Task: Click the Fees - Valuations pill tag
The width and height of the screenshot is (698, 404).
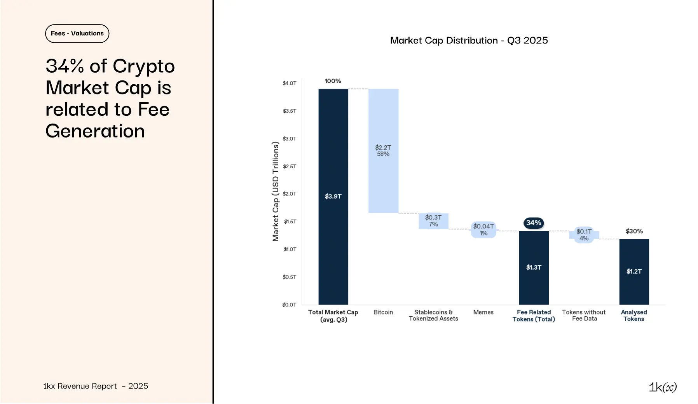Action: (77, 33)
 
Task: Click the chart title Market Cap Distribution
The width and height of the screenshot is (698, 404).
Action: (469, 40)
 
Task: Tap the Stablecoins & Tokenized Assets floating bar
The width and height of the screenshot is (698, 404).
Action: (433, 221)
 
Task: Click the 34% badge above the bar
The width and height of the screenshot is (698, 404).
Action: (534, 223)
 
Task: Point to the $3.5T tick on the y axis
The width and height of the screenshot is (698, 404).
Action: (290, 111)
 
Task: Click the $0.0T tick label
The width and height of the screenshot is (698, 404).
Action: (289, 305)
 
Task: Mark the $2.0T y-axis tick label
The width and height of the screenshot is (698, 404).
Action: (290, 194)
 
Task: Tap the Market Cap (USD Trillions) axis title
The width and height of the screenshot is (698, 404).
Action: (276, 192)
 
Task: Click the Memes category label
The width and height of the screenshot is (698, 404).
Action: (483, 312)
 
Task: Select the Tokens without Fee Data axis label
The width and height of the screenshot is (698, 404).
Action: (584, 315)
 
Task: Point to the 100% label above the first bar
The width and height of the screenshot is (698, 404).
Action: (333, 81)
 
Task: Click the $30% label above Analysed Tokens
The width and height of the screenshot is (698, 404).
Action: (634, 231)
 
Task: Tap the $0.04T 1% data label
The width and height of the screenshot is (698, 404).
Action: (483, 230)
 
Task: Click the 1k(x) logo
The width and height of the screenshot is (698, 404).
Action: (663, 387)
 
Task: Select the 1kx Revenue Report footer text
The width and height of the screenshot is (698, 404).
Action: (96, 386)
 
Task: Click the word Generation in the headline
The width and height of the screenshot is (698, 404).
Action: (95, 131)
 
